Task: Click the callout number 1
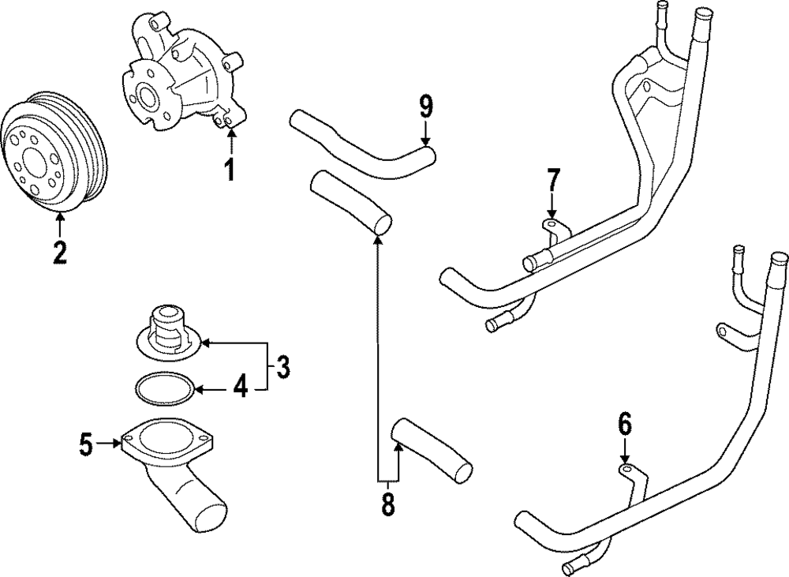coord(230,169)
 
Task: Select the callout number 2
coord(60,252)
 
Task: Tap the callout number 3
coord(282,366)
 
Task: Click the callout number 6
coord(624,424)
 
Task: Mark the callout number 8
coord(387,504)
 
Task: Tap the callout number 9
coord(426,104)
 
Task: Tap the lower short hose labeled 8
coord(434,450)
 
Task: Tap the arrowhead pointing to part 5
coord(117,445)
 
